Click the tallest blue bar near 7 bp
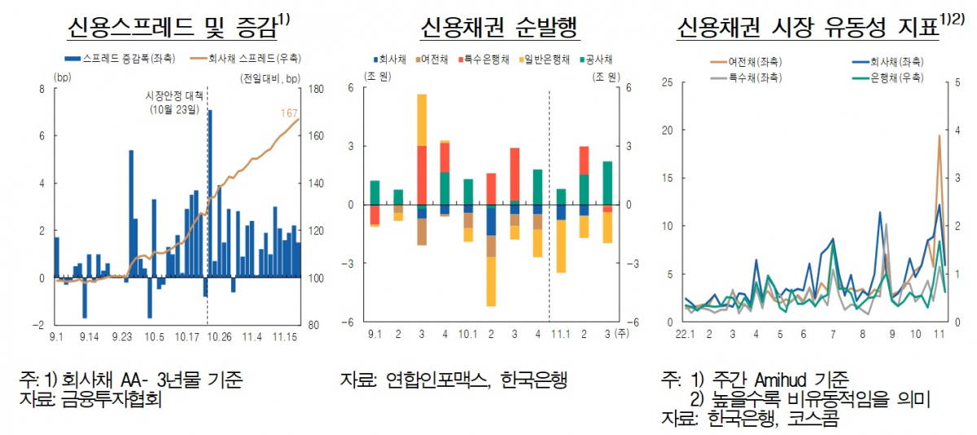click(210, 196)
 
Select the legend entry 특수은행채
click(488, 59)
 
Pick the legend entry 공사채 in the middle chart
click(598, 59)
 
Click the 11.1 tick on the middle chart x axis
click(561, 334)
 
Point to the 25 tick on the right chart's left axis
click(668, 82)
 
